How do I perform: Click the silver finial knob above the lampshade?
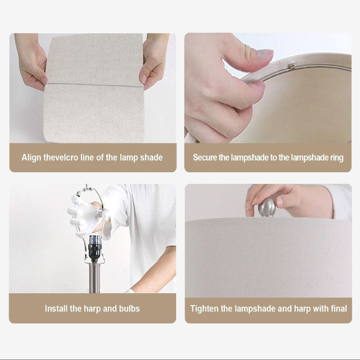tap(267, 207)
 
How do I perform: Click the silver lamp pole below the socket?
tap(94, 278)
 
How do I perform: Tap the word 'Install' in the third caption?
tap(56, 309)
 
